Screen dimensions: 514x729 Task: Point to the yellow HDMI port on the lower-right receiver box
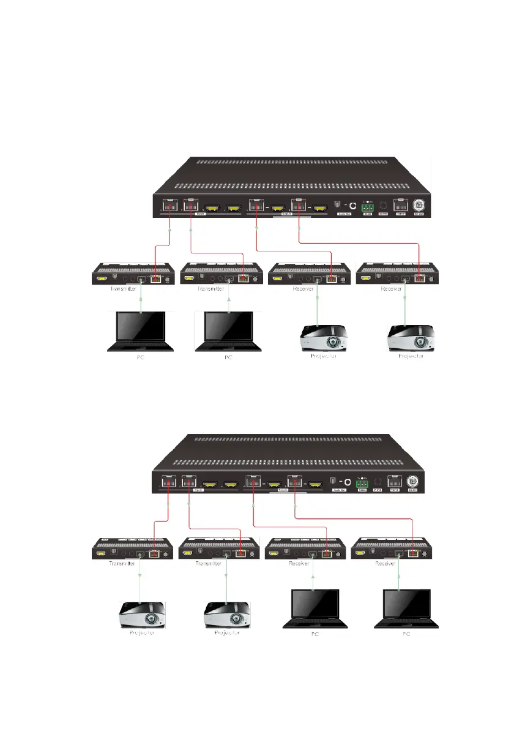pyautogui.click(x=365, y=554)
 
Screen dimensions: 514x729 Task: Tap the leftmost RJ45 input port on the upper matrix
pyautogui.click(x=169, y=206)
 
